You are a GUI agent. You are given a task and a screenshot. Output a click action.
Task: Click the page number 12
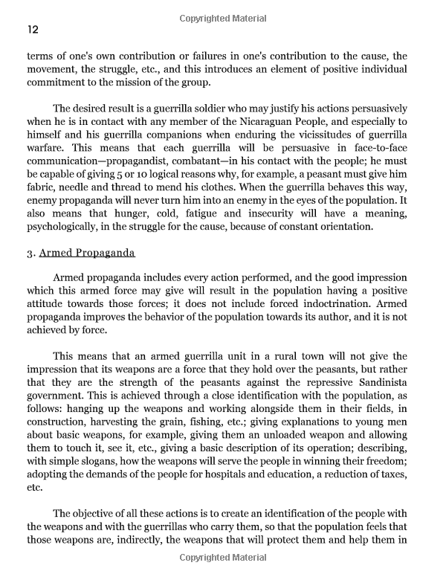pos(33,30)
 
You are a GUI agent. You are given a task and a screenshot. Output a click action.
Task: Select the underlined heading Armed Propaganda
pos(87,253)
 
